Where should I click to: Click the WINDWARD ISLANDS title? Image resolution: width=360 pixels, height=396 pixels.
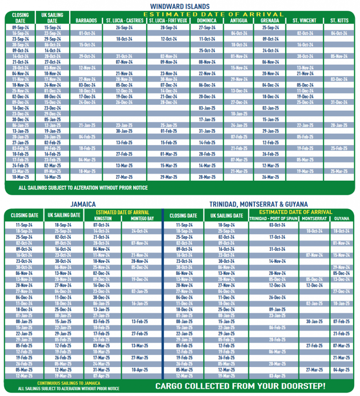180,6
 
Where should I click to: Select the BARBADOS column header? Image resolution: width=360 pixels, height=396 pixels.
86,20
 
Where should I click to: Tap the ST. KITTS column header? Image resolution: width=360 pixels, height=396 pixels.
339,20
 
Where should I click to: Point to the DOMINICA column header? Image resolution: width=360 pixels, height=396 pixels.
206,20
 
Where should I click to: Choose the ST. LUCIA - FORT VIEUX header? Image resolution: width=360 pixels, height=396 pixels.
168,20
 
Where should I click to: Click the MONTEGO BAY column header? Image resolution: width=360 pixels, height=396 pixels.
139,218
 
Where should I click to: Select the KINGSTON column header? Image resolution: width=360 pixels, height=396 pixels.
102,218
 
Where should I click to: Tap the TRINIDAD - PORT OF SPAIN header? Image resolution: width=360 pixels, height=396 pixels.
274,218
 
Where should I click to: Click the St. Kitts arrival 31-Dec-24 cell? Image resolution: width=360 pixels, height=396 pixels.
339,102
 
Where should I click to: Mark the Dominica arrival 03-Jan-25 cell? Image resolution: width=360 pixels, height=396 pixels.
207,108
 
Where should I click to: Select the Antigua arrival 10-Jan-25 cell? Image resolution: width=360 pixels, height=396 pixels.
239,114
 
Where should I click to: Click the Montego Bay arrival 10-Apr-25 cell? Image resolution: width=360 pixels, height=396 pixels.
140,370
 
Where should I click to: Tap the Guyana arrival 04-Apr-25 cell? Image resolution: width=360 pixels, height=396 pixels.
341,370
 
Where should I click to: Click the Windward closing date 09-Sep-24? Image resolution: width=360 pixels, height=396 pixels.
20,27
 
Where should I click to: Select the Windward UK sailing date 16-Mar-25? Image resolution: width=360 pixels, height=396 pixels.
52,177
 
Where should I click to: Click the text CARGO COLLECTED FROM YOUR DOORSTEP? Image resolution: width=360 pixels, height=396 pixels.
240,386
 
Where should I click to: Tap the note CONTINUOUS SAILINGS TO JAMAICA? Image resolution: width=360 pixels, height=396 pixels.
68,383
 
